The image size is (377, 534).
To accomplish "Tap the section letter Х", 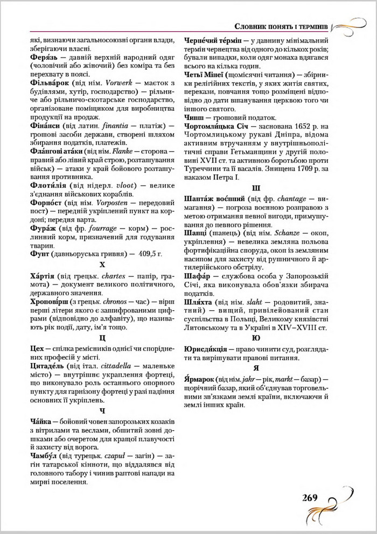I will (102, 265).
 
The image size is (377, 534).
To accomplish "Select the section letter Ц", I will (102, 338).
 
